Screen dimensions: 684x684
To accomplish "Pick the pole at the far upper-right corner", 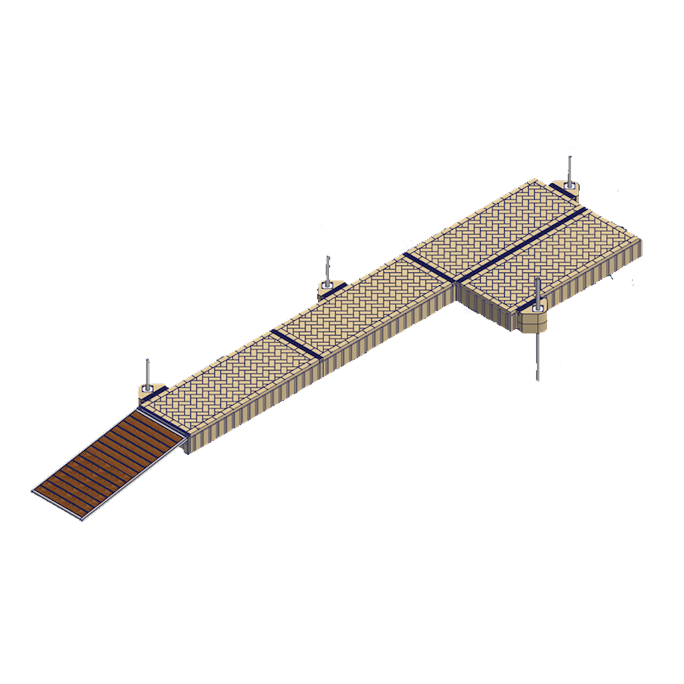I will pyautogui.click(x=570, y=168).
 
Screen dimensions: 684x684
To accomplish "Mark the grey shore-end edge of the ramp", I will pyautogui.click(x=58, y=506).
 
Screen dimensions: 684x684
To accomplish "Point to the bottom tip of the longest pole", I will pyautogui.click(x=538, y=379).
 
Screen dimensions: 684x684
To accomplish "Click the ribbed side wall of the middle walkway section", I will pyautogui.click(x=383, y=335).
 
